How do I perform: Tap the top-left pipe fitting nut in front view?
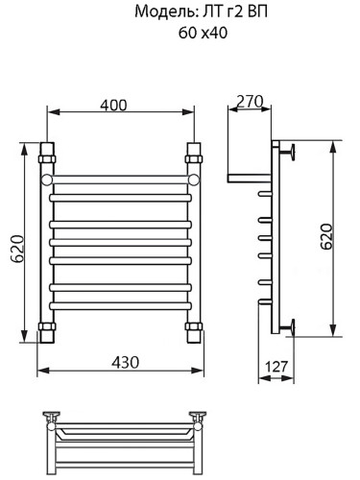pos(45,154)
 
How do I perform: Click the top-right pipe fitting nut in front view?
pos(194,154)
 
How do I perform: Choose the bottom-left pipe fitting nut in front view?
pos(45,333)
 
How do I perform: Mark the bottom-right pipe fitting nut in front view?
pos(194,333)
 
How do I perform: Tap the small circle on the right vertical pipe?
pos(194,180)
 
